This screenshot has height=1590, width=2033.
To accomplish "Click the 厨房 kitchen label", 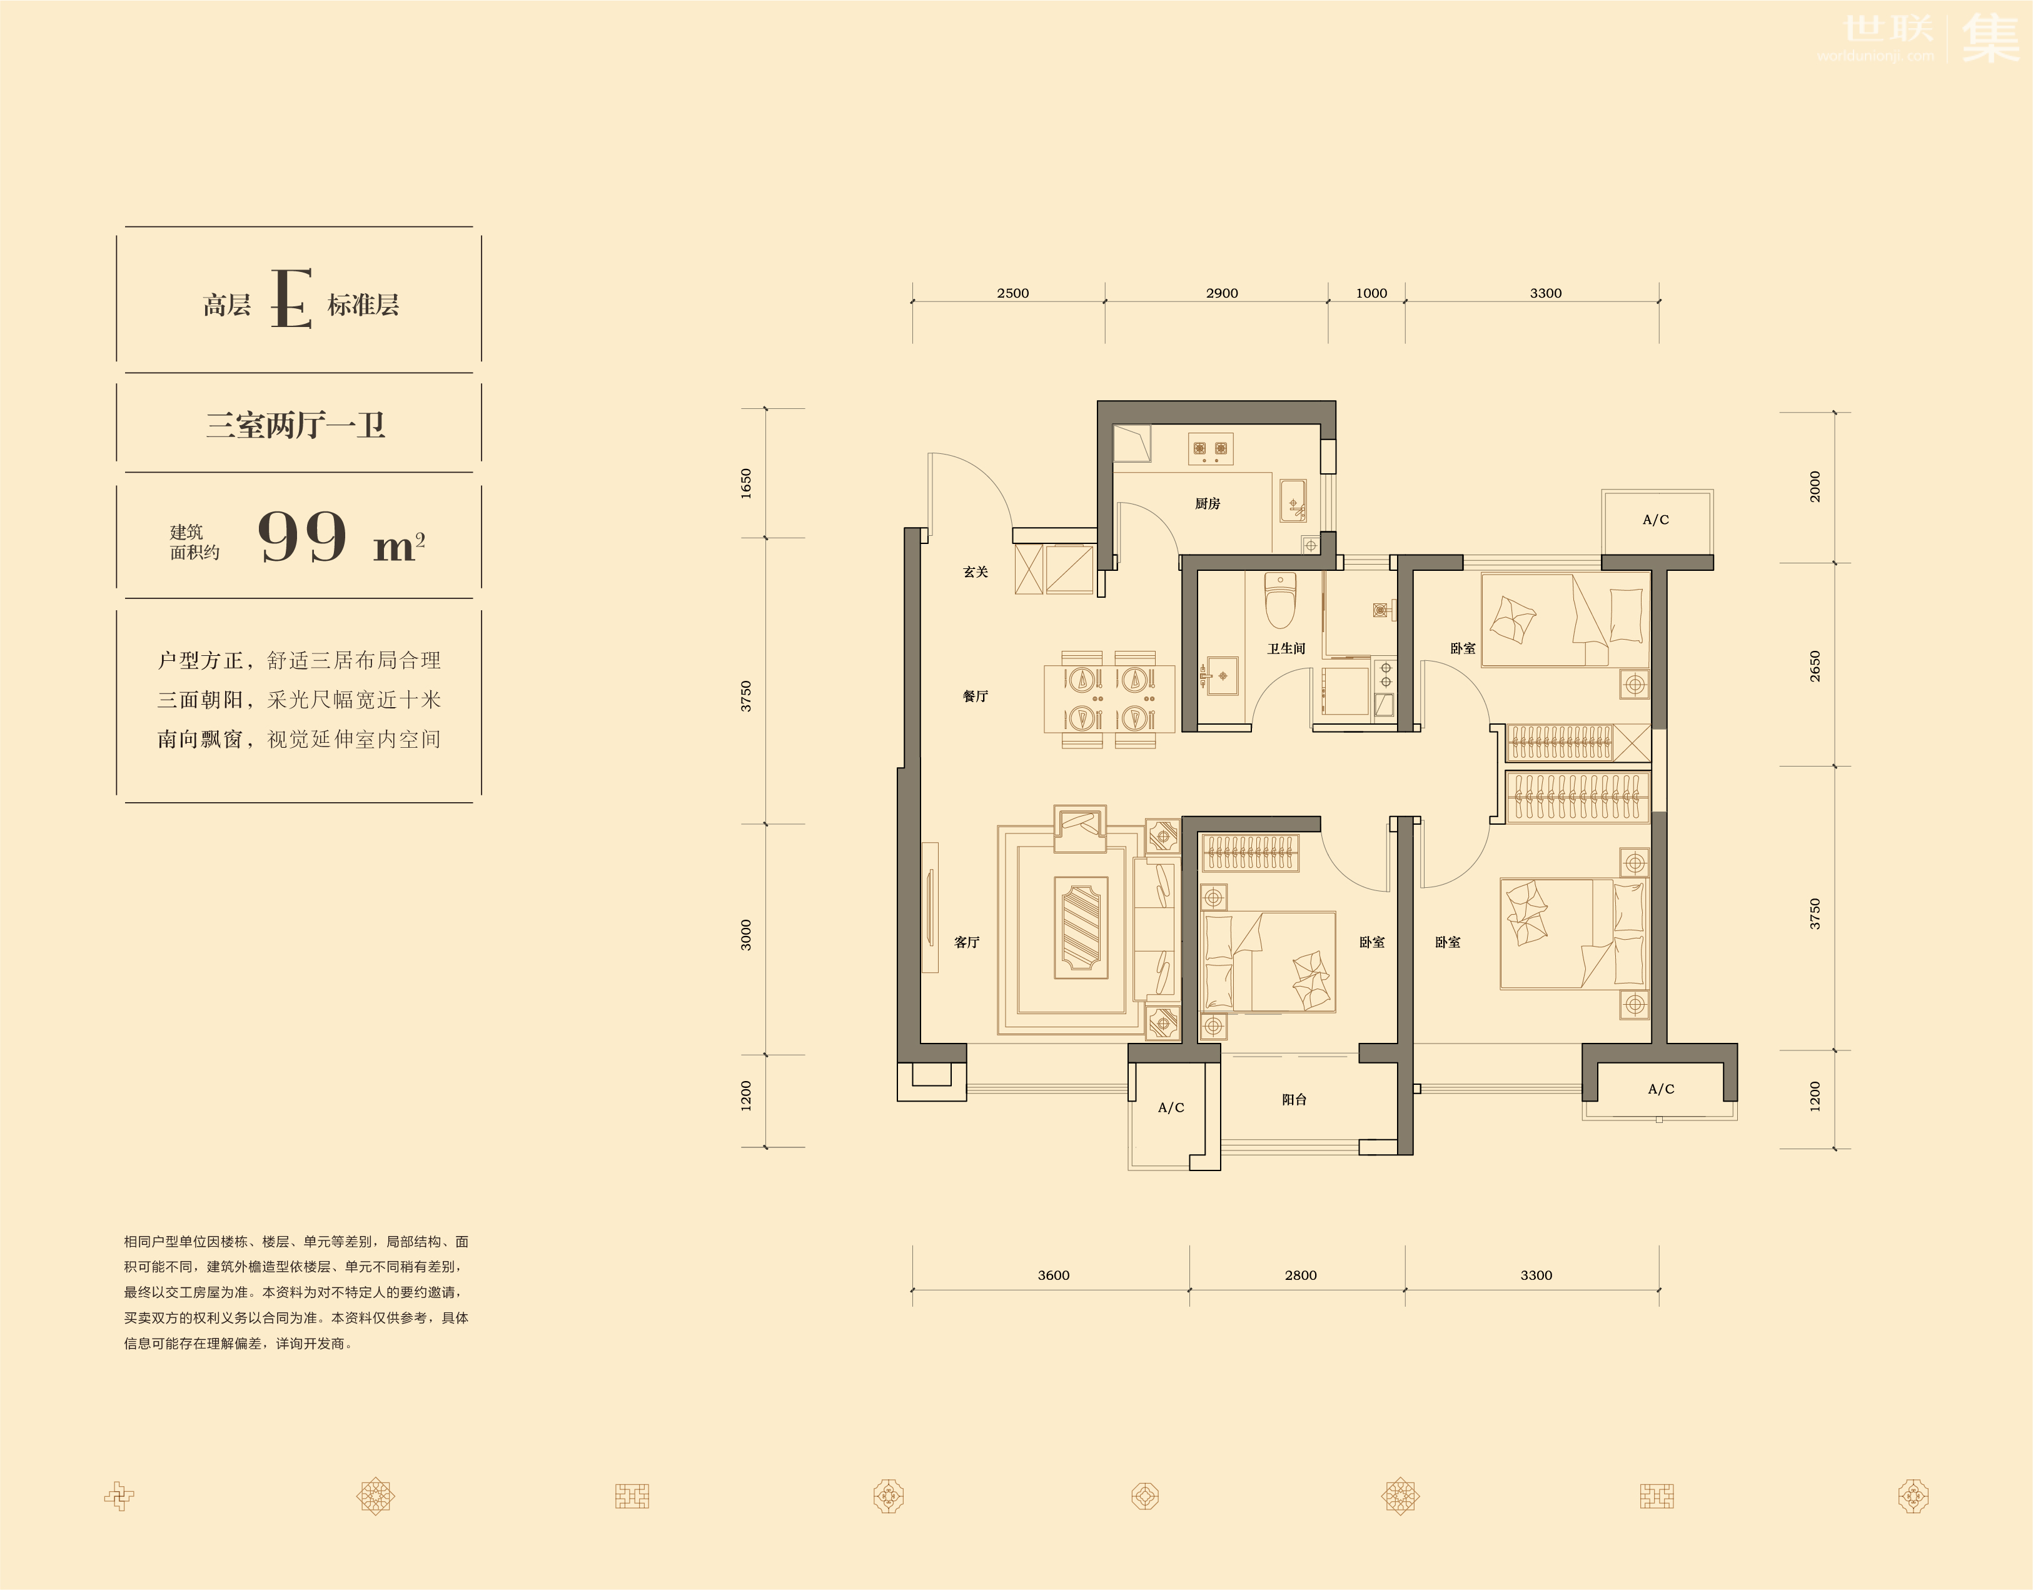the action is click(x=1208, y=503).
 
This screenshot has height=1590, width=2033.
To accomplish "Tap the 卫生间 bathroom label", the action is click(x=1286, y=649).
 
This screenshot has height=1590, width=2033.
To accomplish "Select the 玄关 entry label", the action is click(x=976, y=571).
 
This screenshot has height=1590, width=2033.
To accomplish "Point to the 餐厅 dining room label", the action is click(x=976, y=697).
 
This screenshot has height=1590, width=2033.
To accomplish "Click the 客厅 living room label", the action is click(x=967, y=942).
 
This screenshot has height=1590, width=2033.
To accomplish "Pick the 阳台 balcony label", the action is click(x=1294, y=1099).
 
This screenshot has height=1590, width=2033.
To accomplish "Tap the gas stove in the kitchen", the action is click(x=1211, y=449).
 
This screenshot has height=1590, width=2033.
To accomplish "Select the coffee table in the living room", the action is click(x=1081, y=927).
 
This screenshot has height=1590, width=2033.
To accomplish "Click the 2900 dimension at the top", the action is click(x=1222, y=293).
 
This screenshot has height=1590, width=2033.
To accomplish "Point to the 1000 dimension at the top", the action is click(x=1371, y=293).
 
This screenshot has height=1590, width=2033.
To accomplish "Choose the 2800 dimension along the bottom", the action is click(x=1301, y=1276).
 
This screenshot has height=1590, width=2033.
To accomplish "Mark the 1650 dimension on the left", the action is click(x=745, y=483).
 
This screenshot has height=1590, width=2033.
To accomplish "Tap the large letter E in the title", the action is click(x=291, y=299).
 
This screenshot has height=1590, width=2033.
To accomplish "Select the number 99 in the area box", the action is click(x=303, y=536).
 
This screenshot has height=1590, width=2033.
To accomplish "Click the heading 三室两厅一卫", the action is click(x=296, y=425).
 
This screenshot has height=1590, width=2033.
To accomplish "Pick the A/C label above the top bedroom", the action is click(x=1656, y=520).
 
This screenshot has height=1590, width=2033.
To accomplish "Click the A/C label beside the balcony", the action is click(x=1171, y=1108).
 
